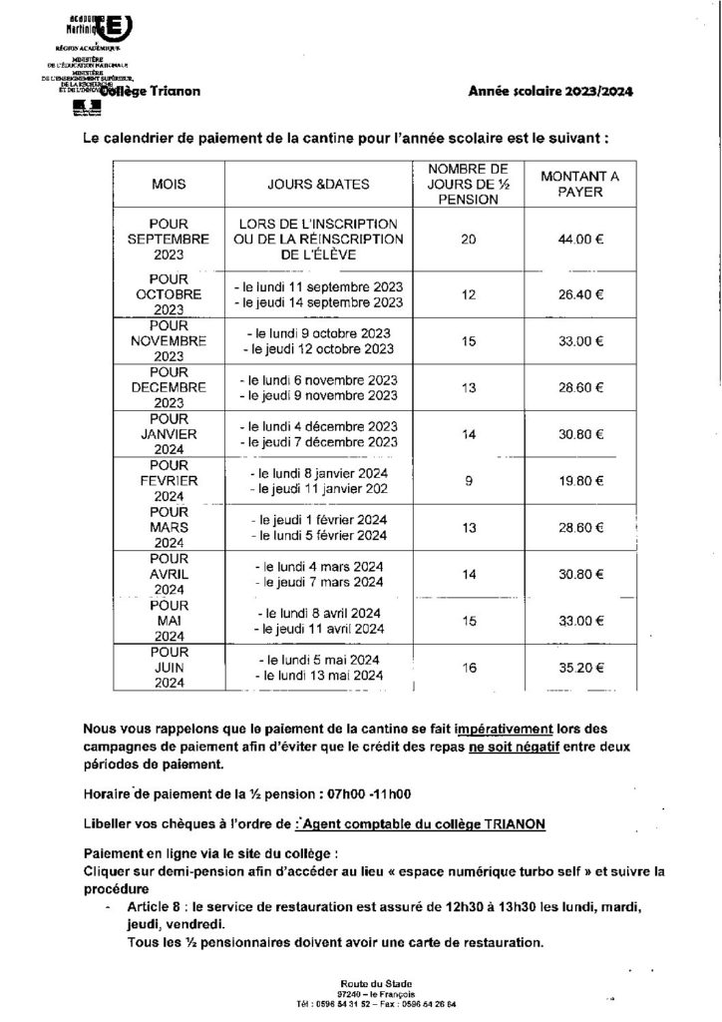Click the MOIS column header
tap(170, 185)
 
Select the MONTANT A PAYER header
tap(579, 185)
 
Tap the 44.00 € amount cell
tap(579, 241)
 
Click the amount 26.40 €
tap(579, 294)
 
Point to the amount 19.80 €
tap(579, 480)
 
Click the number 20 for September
tap(469, 241)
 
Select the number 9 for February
tap(469, 480)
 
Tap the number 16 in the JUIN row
tap(469, 665)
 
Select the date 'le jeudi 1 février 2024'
tap(321, 520)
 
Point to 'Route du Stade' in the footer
tap(361, 983)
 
